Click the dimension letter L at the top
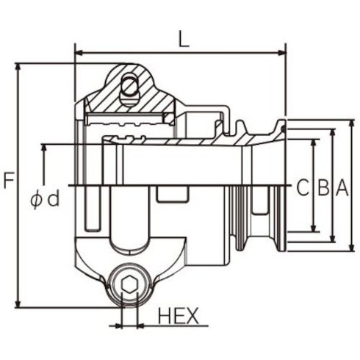[184, 39]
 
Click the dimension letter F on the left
[9, 181]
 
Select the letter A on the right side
[342, 188]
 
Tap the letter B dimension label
[323, 188]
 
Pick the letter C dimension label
[303, 188]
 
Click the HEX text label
[178, 316]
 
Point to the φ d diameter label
[45, 200]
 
